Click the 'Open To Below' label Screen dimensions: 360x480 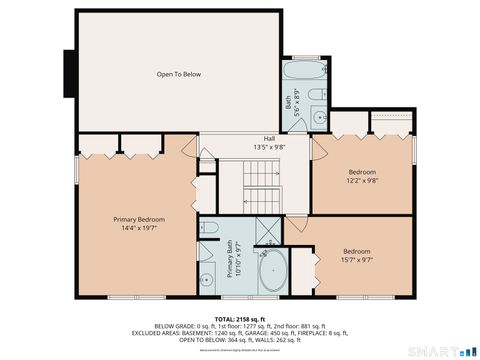click(x=179, y=74)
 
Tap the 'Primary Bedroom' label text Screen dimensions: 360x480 click(x=139, y=219)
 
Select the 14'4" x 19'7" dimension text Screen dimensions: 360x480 click(x=139, y=229)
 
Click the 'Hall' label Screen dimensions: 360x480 click(x=269, y=138)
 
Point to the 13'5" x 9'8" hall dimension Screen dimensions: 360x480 click(x=269, y=147)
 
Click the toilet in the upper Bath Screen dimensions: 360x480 click(x=314, y=96)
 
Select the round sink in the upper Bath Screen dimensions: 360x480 click(x=319, y=117)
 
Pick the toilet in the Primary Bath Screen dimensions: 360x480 click(x=209, y=229)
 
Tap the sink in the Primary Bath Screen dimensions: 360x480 click(x=207, y=279)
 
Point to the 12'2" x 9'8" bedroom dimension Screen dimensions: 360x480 click(x=362, y=182)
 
